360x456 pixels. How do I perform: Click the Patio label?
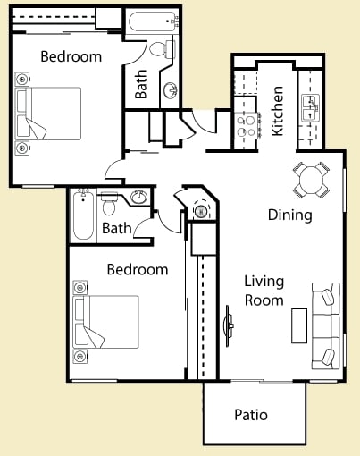point(251,415)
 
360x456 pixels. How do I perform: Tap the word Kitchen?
point(278,110)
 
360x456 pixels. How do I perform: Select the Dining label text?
point(290,215)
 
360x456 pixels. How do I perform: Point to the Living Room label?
point(264,291)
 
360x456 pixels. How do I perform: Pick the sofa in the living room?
point(325,324)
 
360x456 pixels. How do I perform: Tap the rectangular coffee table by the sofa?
point(299,325)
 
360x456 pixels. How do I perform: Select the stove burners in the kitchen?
point(245,125)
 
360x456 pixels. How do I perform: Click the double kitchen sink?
point(310,107)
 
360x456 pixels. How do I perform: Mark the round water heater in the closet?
point(201,212)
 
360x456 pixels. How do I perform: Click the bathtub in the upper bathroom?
point(153,21)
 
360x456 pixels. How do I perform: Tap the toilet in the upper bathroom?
point(159,49)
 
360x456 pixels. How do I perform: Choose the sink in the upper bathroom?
point(171,89)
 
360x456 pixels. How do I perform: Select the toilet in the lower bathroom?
point(110,207)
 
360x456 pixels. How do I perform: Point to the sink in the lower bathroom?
point(138,198)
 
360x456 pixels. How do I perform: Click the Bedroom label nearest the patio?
point(138,269)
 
